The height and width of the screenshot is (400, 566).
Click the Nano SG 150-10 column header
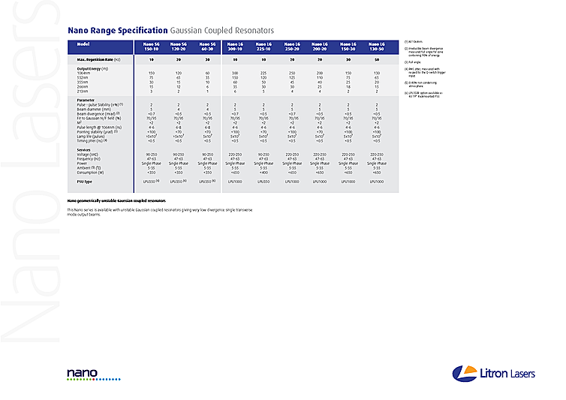[x=152, y=47]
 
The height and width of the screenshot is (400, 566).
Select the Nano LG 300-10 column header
[x=235, y=47]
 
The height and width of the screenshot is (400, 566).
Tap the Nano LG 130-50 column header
[x=376, y=47]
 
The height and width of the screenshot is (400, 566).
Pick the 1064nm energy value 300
[x=235, y=73]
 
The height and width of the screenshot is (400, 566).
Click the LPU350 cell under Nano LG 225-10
[x=263, y=182]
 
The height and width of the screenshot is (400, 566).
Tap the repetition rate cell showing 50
[x=376, y=59]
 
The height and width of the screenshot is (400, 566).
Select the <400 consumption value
[x=263, y=173]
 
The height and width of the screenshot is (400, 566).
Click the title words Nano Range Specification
[x=118, y=31]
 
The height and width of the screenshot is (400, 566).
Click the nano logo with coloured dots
[x=83, y=374]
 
